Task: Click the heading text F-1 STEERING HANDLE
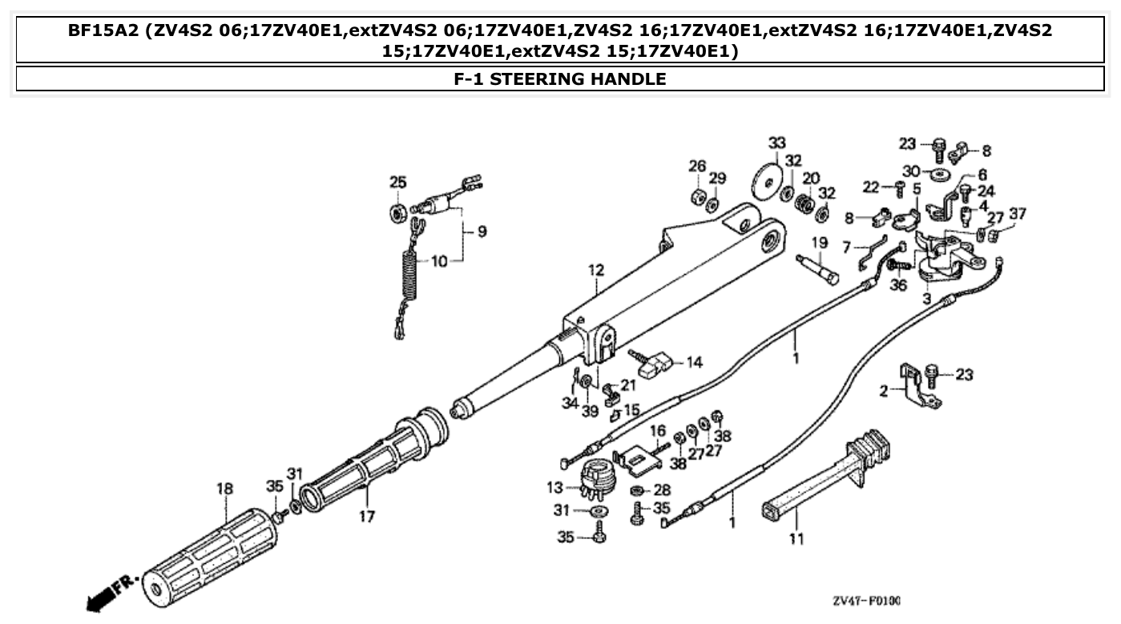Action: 559,79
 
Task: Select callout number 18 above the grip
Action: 224,489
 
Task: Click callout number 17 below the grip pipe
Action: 366,517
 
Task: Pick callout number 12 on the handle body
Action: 595,271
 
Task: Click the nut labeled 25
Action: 397,212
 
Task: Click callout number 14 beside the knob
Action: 693,362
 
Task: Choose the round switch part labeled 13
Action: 595,477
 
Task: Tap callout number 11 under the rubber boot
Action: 795,539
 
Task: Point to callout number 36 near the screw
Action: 898,284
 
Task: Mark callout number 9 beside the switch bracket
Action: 481,232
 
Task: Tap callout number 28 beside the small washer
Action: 662,489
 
